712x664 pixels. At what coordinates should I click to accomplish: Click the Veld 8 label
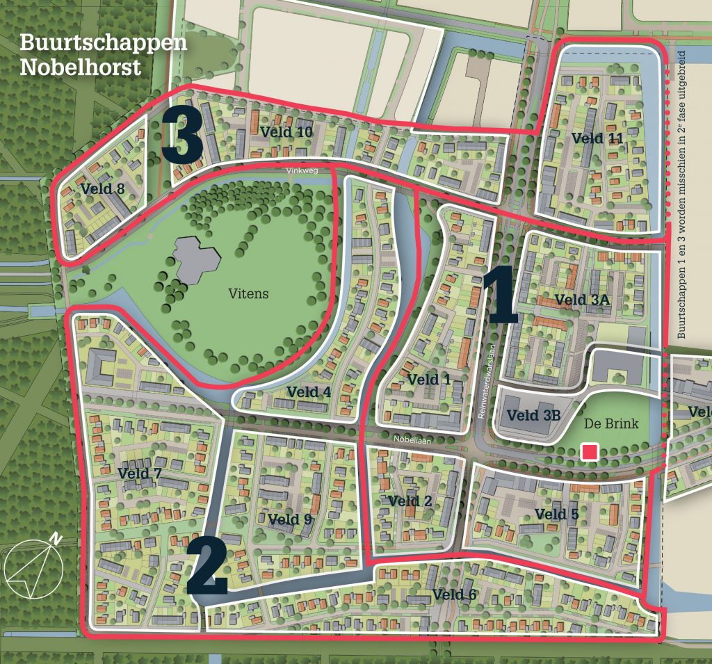tap(103, 188)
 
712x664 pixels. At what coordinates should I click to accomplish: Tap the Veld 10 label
tap(286, 131)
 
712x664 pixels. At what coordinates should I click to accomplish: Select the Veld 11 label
tap(597, 138)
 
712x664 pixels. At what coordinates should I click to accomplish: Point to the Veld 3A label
tap(583, 300)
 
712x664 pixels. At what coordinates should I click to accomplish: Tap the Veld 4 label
tap(308, 392)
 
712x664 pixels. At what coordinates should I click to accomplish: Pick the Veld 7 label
tap(140, 473)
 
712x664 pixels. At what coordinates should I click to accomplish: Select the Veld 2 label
tap(410, 501)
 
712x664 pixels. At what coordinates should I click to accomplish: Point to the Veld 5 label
tap(556, 514)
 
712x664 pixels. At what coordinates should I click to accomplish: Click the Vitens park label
tap(248, 293)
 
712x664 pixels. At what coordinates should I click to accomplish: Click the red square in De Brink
tap(590, 453)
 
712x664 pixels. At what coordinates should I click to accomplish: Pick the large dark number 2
tap(207, 565)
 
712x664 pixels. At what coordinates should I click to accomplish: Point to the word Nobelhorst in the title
tap(81, 67)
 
